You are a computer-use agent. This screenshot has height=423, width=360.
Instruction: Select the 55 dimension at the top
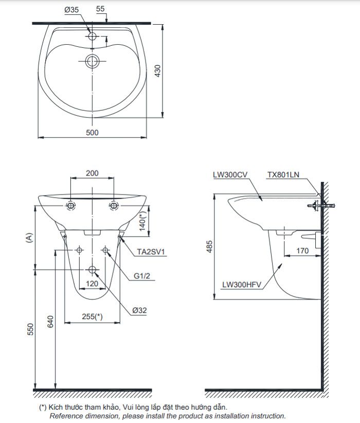coord(100,9)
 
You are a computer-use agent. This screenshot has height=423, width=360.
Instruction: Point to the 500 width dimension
coord(92,132)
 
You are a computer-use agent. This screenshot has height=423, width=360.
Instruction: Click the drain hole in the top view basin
coord(93,62)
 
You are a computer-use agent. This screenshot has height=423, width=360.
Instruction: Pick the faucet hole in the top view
coord(93,37)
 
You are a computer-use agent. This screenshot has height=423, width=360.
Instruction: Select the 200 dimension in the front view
coord(92,173)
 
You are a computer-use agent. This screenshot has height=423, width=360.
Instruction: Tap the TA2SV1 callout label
coord(150,252)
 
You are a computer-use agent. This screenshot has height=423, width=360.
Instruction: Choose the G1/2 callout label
coord(142,276)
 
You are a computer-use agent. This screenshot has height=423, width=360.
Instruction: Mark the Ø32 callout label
coord(139,310)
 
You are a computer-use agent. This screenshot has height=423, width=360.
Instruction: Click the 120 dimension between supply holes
coord(92,283)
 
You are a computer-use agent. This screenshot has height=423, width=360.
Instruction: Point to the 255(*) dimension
coord(92,317)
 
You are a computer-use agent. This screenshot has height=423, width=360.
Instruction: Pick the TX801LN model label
coord(283,175)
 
